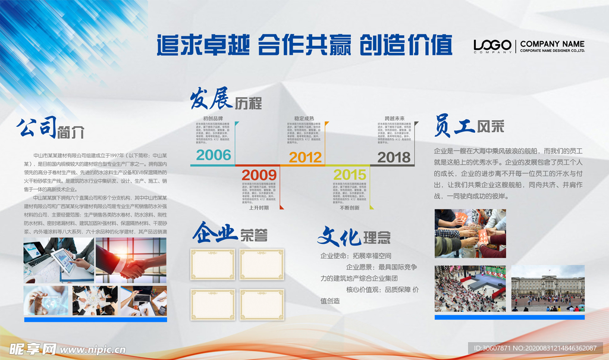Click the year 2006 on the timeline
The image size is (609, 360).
(x=214, y=156)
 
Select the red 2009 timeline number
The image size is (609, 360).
(x=259, y=175)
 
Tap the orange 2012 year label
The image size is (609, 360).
(x=305, y=157)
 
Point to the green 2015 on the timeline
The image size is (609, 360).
(x=350, y=175)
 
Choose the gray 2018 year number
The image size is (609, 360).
(x=394, y=157)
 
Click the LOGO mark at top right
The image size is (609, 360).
(x=492, y=45)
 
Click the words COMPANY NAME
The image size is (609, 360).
(x=552, y=44)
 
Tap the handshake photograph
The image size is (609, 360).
(x=131, y=259)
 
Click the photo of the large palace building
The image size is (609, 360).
(x=548, y=289)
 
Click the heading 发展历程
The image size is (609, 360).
(x=225, y=101)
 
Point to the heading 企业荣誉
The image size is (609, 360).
(x=229, y=233)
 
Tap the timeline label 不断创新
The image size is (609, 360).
(x=349, y=208)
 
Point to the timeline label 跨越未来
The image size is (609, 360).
(x=394, y=118)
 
